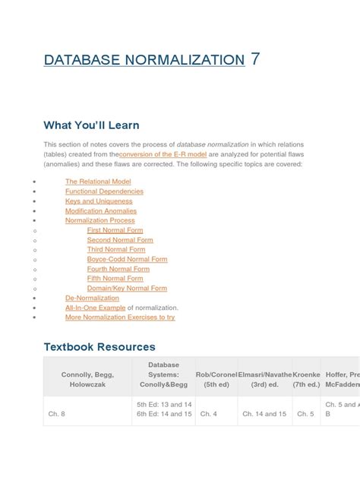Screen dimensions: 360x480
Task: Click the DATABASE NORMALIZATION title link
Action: (144, 59)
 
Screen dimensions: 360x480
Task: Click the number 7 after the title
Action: (255, 58)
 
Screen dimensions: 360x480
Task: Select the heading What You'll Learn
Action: (91, 125)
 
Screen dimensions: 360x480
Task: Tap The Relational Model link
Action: (98, 182)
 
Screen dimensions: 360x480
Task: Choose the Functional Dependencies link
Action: (104, 191)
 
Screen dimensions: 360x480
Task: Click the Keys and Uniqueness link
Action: (99, 201)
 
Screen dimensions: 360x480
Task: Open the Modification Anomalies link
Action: (100, 210)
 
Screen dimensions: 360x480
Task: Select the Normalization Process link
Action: (100, 220)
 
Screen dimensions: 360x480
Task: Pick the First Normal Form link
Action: (115, 230)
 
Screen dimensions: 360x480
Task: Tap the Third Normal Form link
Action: (116, 249)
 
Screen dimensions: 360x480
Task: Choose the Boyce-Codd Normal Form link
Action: (127, 259)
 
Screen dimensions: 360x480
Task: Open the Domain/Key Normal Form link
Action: (127, 289)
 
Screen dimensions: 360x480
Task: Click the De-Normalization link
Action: (93, 298)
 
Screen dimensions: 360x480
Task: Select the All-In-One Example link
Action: (95, 308)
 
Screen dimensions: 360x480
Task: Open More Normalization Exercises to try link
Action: (120, 317)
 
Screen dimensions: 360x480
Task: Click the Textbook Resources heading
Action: (99, 346)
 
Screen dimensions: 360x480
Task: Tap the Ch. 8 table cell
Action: (58, 414)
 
